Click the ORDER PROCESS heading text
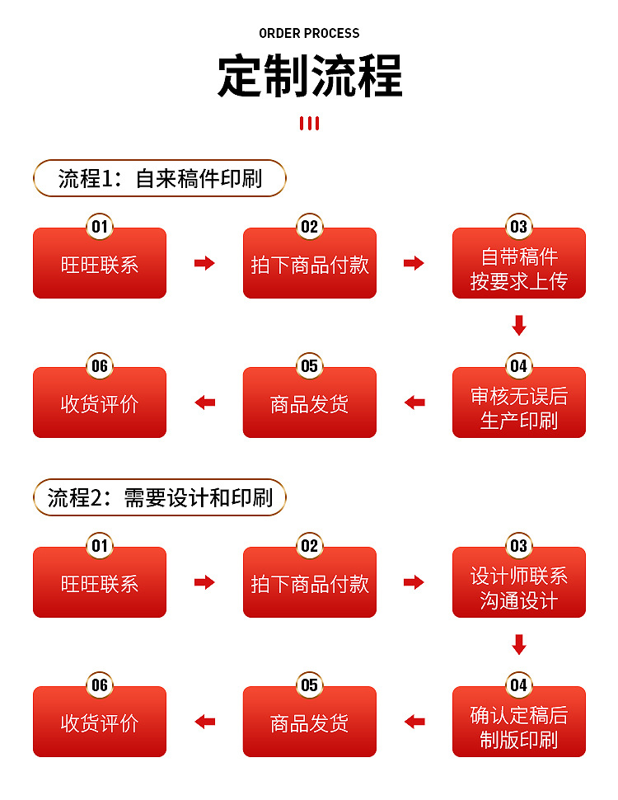(x=309, y=34)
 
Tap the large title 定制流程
(x=309, y=77)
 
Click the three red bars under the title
(x=309, y=124)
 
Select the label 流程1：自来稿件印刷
(x=160, y=179)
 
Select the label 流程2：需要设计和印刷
(x=160, y=498)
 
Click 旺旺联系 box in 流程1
(x=100, y=266)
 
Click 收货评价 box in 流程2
(x=100, y=724)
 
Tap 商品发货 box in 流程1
(x=309, y=405)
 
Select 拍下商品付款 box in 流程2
(x=309, y=585)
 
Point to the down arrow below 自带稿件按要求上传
(x=518, y=325)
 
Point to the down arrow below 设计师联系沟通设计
(x=518, y=644)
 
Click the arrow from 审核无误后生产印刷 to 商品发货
(x=414, y=402)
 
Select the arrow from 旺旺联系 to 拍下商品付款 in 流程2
(x=204, y=582)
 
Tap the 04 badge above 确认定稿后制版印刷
(x=518, y=685)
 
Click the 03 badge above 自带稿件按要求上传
(x=518, y=227)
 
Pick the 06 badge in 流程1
(x=100, y=366)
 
